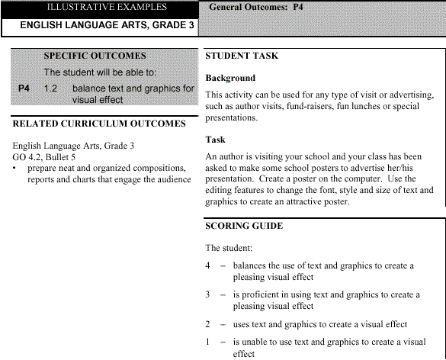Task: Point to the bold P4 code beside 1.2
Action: pos(24,88)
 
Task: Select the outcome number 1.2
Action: pos(51,88)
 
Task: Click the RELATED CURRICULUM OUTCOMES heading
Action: pos(99,124)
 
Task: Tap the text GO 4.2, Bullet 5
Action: pos(47,156)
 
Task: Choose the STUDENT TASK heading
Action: pos(242,56)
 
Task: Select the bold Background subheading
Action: pos(230,79)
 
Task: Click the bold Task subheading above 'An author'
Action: pos(216,140)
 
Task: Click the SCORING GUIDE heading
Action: pos(244,226)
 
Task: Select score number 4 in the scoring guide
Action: pos(208,265)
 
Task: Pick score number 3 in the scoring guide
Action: pos(208,294)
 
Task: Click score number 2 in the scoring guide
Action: pos(208,324)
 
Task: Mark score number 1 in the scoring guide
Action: pos(208,342)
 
